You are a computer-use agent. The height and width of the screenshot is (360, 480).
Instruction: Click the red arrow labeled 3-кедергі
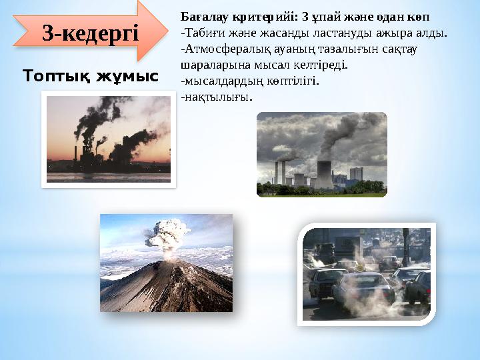tap(90, 31)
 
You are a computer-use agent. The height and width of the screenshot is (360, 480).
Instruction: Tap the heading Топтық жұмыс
tap(91, 77)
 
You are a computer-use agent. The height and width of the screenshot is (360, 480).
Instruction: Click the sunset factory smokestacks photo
tap(109, 139)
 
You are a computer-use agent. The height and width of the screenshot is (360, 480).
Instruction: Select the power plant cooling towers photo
tap(321, 154)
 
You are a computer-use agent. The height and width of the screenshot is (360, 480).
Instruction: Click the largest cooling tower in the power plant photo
tap(324, 174)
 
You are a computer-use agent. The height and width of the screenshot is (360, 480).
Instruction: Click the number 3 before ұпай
tap(305, 15)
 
